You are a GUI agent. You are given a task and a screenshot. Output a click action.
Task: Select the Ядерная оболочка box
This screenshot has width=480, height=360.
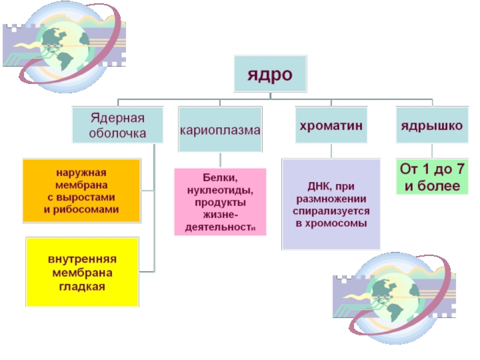coord(118,125)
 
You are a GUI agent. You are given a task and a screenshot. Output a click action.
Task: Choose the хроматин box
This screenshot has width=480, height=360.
coord(331,125)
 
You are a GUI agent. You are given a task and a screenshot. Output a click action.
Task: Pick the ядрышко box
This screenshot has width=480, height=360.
coord(431,125)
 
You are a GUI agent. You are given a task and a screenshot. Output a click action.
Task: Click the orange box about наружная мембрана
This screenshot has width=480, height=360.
coord(82,190)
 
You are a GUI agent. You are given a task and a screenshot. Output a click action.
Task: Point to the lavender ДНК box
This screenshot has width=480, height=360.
coord(331,204)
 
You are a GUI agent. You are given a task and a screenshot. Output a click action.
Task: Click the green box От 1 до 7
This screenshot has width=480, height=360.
coord(431,176)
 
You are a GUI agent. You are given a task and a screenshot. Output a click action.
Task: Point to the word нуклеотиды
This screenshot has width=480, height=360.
coord(220,190)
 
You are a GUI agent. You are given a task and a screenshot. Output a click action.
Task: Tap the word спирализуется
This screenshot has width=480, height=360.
coord(331,212)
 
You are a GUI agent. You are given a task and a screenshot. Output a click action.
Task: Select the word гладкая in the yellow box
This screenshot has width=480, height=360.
coord(82,286)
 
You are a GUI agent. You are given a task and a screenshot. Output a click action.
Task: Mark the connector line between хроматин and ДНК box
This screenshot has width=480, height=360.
coord(331,151)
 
